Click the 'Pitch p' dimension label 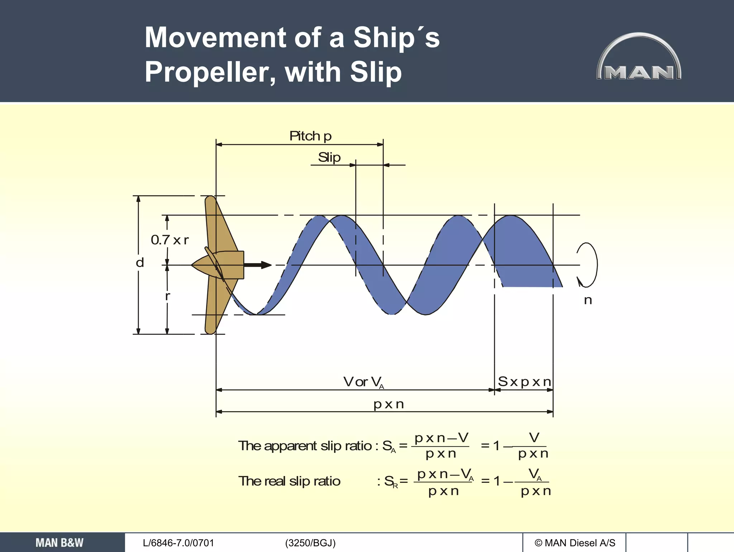(310, 136)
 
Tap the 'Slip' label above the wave (329, 157)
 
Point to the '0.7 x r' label (170, 240)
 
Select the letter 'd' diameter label (140, 263)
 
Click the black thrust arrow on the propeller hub (257, 265)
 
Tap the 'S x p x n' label (524, 382)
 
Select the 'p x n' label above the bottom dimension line (389, 404)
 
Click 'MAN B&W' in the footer (59, 543)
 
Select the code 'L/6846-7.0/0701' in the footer (178, 543)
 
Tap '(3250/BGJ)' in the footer (310, 543)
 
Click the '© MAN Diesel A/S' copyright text (575, 543)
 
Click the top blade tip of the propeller (211, 199)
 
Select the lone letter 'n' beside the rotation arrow (588, 300)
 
